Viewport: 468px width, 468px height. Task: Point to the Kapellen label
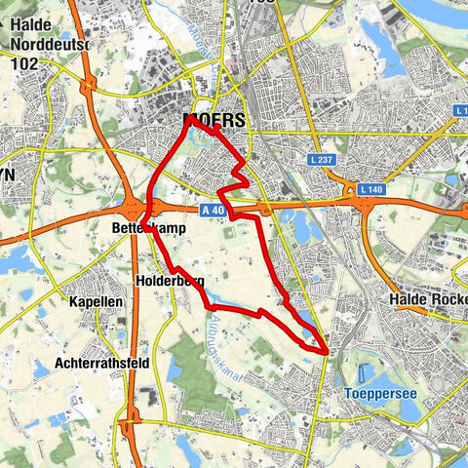coord(96,302)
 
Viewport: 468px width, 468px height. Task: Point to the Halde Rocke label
coord(428,298)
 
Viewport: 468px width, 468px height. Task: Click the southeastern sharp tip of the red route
coord(325,348)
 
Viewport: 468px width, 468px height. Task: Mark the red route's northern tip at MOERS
coord(187,119)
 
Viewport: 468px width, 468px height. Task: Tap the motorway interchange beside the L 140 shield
coord(366,200)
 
